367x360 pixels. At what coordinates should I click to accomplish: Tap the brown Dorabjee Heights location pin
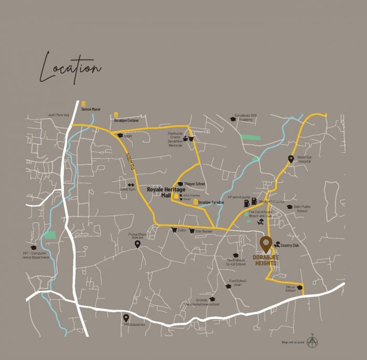pos(266,243)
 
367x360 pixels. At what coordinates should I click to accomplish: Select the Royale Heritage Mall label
pos(166,192)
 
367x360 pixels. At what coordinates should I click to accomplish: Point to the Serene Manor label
pos(91,109)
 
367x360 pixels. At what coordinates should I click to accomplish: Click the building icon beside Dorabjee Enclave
pos(116,114)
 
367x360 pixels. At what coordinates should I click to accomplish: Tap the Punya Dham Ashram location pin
pos(137,244)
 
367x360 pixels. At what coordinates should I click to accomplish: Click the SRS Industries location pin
pos(126,317)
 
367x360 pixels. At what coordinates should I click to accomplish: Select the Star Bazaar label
pos(204,231)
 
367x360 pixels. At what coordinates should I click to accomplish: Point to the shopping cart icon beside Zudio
pos(174,230)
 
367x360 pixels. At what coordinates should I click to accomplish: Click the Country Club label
pos(289,245)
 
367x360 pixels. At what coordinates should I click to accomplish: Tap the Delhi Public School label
pos(302,209)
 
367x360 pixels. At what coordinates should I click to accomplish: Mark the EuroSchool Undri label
pos(238,282)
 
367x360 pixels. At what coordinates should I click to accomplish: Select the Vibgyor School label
pos(195,184)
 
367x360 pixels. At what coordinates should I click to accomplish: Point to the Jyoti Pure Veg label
pos(58,114)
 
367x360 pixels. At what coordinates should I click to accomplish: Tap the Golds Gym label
pos(127,189)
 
